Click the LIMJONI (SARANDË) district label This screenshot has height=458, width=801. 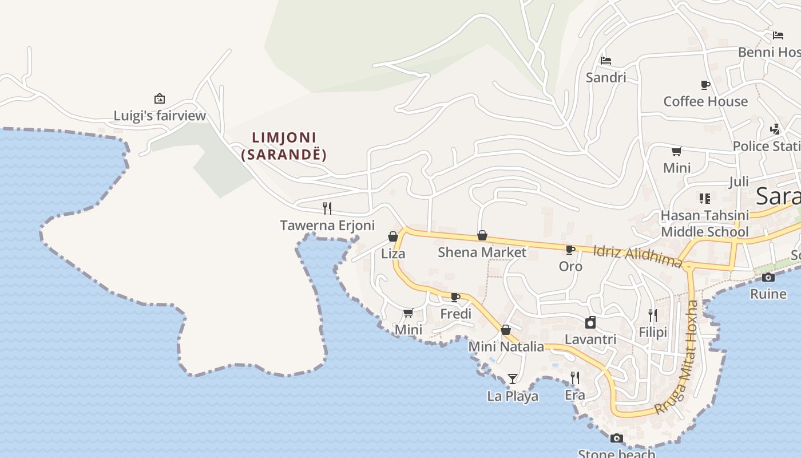(x=284, y=146)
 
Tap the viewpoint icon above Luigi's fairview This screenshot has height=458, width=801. (x=160, y=98)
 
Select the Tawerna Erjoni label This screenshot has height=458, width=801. (x=327, y=226)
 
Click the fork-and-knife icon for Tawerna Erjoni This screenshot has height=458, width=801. (x=327, y=208)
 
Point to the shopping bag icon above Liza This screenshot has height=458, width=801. (x=393, y=236)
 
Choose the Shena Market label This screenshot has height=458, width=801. (x=482, y=252)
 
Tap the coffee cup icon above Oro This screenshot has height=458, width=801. (x=570, y=250)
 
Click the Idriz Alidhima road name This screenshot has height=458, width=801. (x=637, y=256)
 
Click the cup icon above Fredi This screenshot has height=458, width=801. (x=455, y=297)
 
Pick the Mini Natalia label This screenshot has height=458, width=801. (x=506, y=346)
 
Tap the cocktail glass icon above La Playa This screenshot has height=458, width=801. (x=513, y=379)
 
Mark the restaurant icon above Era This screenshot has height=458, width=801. (x=575, y=378)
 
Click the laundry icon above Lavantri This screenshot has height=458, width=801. (x=590, y=322)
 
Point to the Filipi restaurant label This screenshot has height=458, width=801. (x=653, y=332)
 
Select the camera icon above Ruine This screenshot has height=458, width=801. (x=768, y=278)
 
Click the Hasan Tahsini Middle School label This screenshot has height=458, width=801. (x=704, y=224)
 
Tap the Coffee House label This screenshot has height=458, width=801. (x=705, y=101)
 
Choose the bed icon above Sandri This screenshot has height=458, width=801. (x=606, y=60)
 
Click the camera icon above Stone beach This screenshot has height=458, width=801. (x=616, y=439)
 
